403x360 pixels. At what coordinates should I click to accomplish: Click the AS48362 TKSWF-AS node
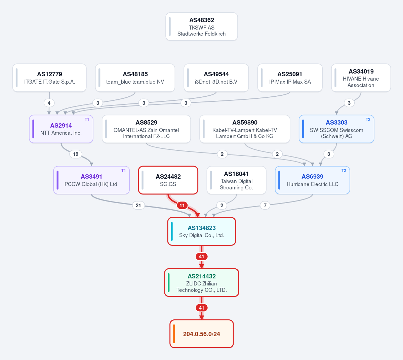tap(202, 27)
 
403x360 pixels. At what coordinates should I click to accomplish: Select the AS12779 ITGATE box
tap(49, 78)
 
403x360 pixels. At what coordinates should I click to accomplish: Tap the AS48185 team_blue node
tap(135, 78)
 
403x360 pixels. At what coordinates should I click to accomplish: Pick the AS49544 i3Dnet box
tap(216, 78)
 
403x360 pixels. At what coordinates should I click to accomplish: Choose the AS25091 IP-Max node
tap(290, 78)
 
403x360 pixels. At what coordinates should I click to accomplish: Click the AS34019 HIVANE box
tap(361, 78)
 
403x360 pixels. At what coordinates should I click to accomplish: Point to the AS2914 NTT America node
tap(61, 129)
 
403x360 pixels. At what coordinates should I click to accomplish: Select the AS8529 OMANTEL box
tap(146, 129)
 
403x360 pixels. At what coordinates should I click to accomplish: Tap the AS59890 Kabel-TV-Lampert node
tap(245, 129)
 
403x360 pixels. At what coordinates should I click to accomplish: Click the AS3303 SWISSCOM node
tap(336, 129)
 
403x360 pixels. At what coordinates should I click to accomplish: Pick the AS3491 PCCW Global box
tap(91, 180)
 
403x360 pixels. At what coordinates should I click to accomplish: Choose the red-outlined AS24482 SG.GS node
tap(168, 180)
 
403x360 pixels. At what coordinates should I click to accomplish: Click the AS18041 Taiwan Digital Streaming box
tap(236, 180)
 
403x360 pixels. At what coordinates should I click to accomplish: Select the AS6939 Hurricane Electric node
tap(313, 180)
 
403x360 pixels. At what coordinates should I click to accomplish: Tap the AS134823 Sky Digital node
tap(202, 231)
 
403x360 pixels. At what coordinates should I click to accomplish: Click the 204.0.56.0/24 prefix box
tap(202, 334)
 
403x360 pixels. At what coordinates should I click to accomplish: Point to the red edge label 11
tap(182, 206)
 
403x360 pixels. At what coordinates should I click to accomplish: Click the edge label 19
tap(76, 154)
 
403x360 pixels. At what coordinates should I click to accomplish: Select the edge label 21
tap(138, 206)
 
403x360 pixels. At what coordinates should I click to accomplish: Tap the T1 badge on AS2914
tap(87, 120)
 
